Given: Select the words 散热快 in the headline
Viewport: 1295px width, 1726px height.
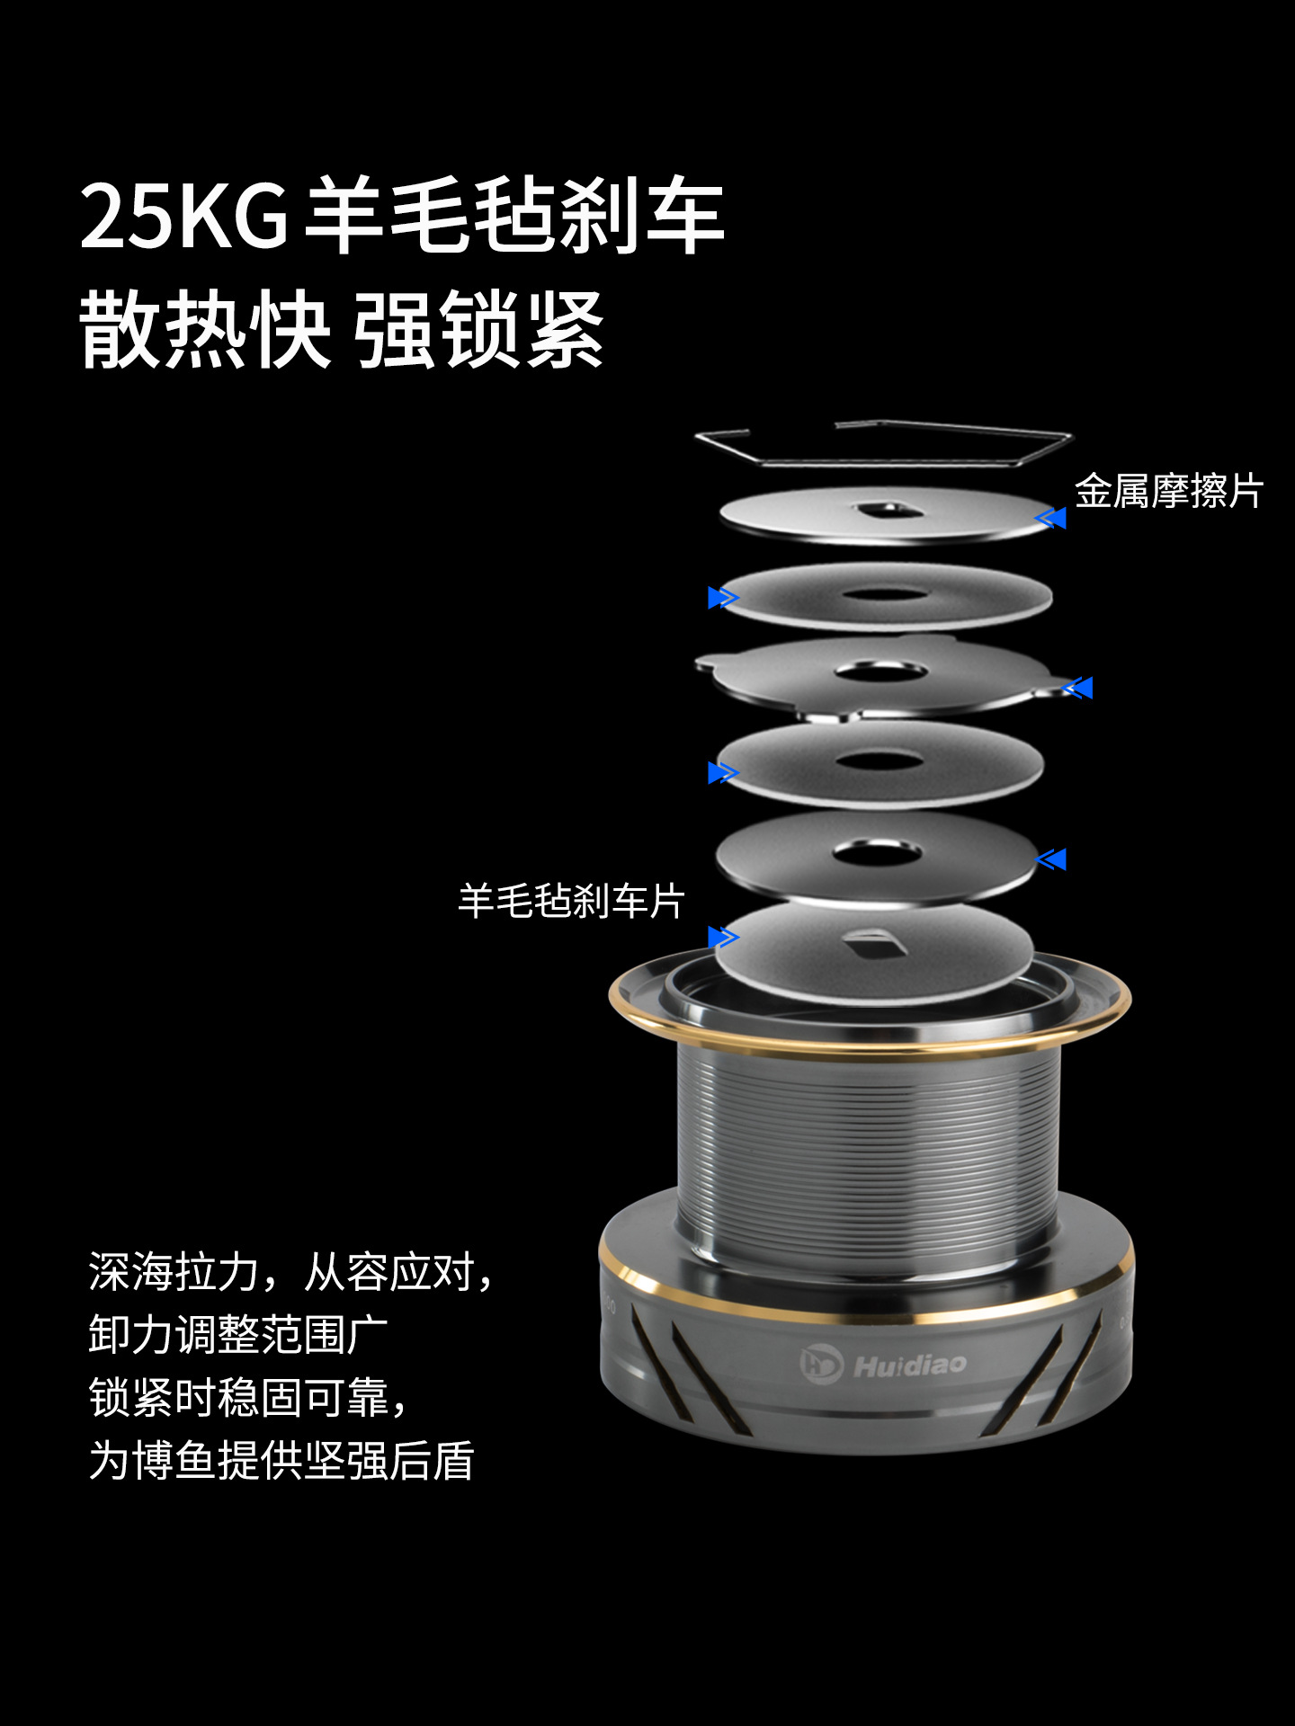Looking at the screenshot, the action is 205,330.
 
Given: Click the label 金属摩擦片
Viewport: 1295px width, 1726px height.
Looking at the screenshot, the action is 1169,492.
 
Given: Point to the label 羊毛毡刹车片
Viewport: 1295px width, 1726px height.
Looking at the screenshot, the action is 572,901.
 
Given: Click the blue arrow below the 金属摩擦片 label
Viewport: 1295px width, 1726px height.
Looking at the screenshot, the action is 1050,518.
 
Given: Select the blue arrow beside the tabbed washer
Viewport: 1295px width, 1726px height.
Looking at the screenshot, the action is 1077,689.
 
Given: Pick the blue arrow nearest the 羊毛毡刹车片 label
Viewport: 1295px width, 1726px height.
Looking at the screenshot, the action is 723,938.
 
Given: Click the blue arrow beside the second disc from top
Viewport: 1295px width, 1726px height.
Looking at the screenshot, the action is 723,598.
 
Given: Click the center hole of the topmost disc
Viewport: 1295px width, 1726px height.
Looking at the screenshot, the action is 887,512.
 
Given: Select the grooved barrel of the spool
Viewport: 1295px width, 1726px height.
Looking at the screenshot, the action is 868,1151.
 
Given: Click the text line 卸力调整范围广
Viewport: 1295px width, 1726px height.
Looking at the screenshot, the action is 238,1335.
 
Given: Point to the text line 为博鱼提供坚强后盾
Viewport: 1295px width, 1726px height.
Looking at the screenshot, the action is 281,1461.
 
